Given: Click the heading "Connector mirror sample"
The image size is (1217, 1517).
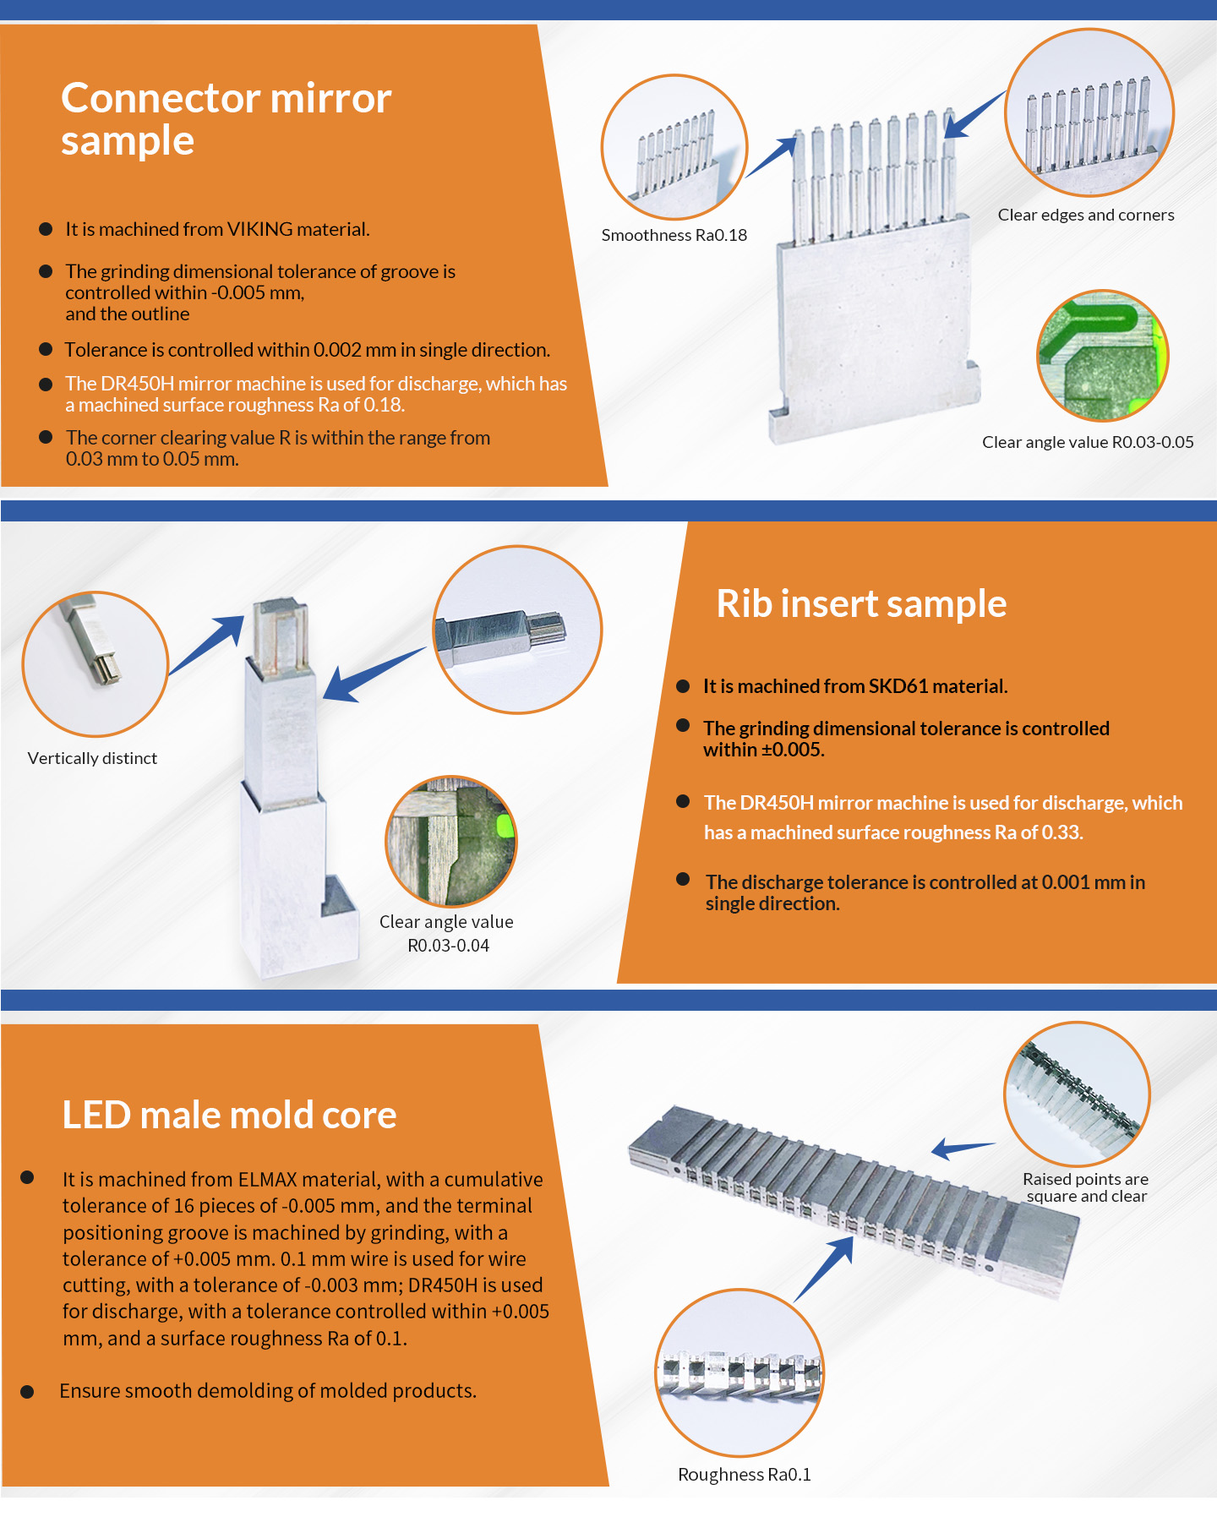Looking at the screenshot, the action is tap(226, 119).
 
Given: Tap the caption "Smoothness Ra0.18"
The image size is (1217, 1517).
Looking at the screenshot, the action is tap(674, 235).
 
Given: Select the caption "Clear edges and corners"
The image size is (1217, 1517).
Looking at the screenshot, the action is tap(1086, 215).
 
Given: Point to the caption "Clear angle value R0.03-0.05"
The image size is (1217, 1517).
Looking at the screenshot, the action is tap(1088, 442).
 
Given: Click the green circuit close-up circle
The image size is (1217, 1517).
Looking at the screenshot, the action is tap(1103, 356).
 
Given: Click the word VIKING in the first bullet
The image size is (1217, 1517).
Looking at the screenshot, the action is tap(260, 229).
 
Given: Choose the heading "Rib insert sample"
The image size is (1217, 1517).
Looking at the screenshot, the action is tap(861, 603).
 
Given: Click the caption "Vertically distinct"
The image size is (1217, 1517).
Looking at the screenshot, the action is tap(92, 758).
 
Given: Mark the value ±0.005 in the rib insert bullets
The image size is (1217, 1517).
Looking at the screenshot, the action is tap(793, 750).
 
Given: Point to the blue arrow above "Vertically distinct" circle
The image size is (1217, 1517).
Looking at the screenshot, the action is tap(207, 645).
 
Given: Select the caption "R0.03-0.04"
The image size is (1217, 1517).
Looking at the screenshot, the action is tap(448, 946).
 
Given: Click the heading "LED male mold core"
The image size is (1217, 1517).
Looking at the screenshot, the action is tap(229, 1115).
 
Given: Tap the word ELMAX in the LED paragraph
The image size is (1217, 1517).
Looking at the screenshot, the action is tap(268, 1179).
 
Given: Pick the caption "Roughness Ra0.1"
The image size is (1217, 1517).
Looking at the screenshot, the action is tap(745, 1475).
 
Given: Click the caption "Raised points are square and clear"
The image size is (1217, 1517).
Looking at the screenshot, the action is tap(1086, 1187).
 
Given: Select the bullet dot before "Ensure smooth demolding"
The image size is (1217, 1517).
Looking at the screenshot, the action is tap(27, 1392).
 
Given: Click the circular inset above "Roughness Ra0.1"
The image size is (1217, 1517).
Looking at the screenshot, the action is tap(739, 1373).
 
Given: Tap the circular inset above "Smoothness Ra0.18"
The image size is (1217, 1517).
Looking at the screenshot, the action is tap(674, 148).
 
